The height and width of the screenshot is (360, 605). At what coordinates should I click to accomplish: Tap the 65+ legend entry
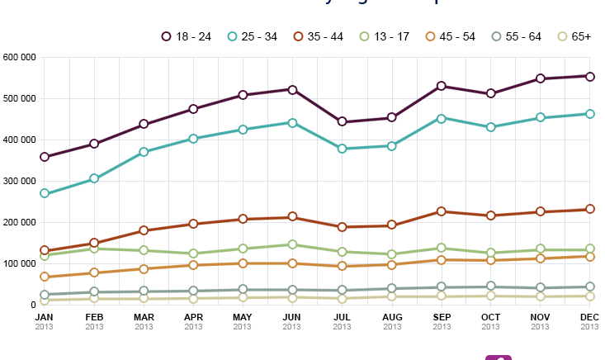tap(574, 36)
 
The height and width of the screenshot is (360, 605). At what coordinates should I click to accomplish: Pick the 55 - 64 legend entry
tap(518, 36)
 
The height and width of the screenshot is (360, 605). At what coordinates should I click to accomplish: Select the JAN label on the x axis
tap(45, 317)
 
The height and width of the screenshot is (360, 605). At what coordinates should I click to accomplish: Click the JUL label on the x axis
tap(342, 317)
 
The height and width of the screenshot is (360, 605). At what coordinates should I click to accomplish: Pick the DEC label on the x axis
tap(589, 317)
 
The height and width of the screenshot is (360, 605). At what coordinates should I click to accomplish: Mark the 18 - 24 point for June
tap(292, 89)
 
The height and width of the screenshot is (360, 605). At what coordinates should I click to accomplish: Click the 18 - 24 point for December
tap(589, 76)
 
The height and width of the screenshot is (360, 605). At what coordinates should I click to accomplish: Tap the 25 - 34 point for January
tap(45, 193)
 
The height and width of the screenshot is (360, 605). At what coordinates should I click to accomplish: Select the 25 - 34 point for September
tap(441, 118)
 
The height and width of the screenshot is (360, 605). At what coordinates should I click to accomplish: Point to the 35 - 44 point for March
tap(144, 230)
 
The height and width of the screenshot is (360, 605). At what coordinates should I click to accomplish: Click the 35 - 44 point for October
tap(490, 216)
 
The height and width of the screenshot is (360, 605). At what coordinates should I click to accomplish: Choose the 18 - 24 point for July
tap(342, 121)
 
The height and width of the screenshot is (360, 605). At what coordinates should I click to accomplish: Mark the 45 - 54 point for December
tap(589, 256)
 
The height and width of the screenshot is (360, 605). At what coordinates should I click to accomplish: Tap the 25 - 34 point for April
tap(193, 139)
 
